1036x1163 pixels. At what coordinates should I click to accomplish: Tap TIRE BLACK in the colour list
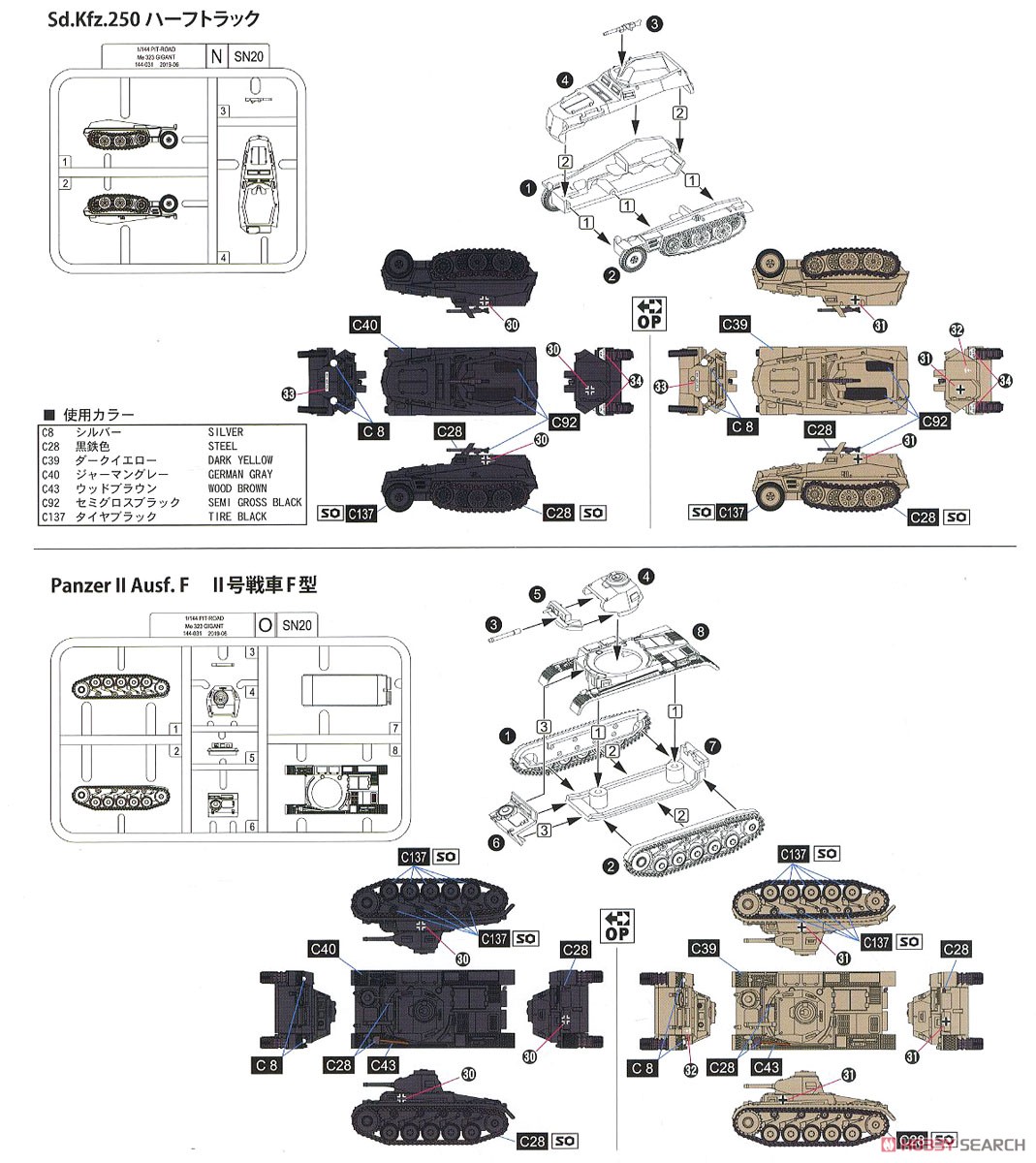click(x=238, y=517)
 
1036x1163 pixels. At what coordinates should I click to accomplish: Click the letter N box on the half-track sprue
click(x=215, y=55)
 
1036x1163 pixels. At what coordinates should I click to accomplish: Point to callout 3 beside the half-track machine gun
click(x=654, y=22)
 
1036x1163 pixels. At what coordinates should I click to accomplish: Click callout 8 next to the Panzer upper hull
click(x=702, y=631)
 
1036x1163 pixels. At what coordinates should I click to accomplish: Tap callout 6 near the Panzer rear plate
click(x=496, y=844)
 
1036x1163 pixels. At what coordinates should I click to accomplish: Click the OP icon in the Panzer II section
click(x=615, y=926)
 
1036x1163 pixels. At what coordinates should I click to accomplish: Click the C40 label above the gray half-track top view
click(x=365, y=326)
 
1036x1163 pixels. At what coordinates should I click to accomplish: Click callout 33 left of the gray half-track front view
click(x=289, y=393)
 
